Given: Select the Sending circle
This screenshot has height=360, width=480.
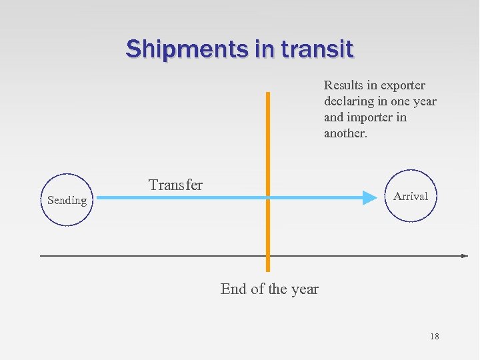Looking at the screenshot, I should point(67,200).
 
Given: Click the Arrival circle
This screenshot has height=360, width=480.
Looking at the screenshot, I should point(411,196).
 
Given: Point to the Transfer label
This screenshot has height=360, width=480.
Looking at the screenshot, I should point(175,185).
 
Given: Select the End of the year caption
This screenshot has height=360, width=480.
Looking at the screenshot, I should point(269,289).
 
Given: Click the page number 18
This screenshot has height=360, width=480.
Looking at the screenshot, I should point(434,337).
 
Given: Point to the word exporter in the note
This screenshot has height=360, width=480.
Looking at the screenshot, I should point(402,85).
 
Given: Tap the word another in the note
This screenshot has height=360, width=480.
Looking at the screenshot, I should point(345,133).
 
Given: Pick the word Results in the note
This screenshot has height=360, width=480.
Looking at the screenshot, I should point(343,85).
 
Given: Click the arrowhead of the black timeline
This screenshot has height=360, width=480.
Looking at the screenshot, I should point(465,255).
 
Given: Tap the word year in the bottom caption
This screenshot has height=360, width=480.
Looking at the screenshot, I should point(305,289).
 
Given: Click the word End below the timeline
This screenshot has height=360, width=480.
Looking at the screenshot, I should point(233,289).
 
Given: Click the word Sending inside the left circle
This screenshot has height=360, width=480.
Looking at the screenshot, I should point(67,200).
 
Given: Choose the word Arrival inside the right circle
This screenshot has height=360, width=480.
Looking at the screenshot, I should point(411,196).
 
